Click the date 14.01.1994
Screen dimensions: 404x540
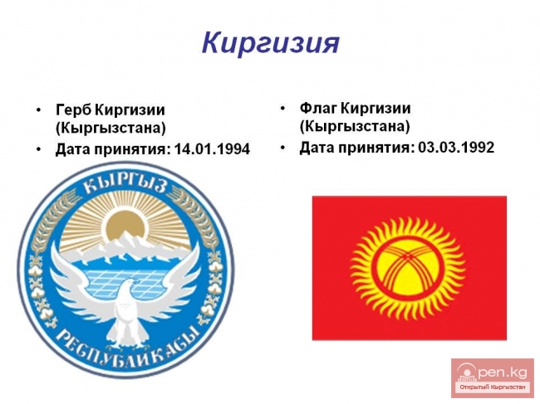coord(212,150)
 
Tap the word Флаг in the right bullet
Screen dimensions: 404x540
coord(317,109)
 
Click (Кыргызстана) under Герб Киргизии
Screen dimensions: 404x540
coord(110,129)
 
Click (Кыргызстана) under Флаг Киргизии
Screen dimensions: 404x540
coord(355,127)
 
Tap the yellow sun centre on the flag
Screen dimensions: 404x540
coord(408,268)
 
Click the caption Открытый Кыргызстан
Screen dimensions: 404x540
coord(492,387)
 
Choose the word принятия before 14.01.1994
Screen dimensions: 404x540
coord(129,150)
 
